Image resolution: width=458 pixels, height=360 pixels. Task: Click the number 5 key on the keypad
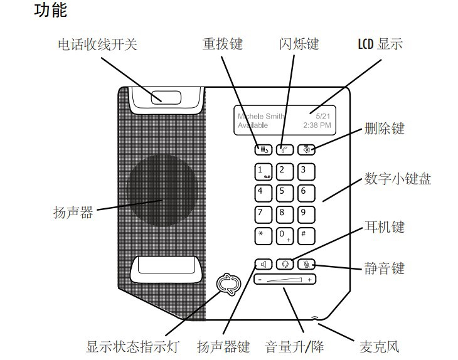click(284, 192)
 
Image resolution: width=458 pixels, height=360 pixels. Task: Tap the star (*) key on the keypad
click(262, 234)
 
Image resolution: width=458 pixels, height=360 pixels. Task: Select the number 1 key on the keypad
click(262, 171)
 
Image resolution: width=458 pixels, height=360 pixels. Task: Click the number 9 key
click(305, 213)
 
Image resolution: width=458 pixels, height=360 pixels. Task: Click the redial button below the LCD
click(262, 149)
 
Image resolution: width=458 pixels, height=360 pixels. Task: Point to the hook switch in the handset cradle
click(166, 97)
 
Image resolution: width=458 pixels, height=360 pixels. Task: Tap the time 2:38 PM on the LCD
click(316, 125)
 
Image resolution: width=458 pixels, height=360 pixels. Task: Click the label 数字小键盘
click(398, 179)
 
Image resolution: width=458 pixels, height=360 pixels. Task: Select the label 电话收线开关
click(97, 45)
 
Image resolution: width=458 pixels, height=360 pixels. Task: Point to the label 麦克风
click(379, 347)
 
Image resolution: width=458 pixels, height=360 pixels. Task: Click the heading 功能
click(50, 11)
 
